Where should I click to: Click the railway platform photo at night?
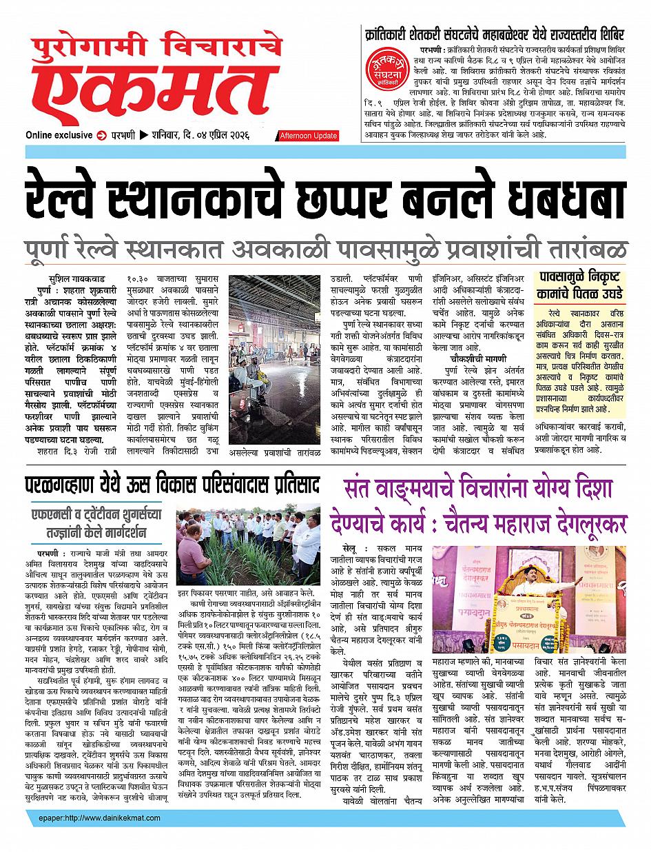[x=282, y=358]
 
